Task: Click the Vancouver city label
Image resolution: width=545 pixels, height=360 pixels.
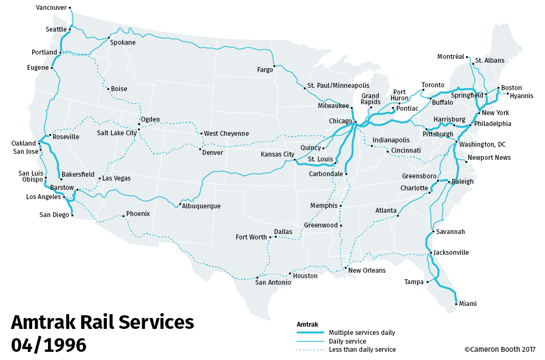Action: [x=51, y=8]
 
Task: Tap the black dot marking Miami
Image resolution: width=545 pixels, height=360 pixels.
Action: [x=456, y=303]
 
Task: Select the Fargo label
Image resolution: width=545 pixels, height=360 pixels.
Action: [x=265, y=69]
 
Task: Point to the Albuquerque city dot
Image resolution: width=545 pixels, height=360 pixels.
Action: [x=180, y=205]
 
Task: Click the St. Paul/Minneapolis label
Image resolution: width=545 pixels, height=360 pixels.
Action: [x=338, y=86]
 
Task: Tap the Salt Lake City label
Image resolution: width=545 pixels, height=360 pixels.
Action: [x=117, y=133]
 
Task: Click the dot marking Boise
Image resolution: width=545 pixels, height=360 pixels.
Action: [x=108, y=88]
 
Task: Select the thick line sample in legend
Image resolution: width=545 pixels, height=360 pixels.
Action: [x=310, y=333]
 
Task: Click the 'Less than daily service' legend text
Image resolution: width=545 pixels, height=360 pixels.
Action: [x=362, y=350]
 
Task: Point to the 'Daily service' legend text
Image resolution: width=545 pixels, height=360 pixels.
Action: [x=347, y=341]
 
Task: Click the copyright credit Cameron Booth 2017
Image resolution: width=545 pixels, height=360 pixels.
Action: [x=500, y=350]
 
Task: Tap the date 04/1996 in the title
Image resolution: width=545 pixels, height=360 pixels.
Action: [x=49, y=345]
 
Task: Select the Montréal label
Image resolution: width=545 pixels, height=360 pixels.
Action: [x=451, y=57]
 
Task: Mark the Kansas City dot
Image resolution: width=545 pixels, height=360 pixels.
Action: [x=295, y=160]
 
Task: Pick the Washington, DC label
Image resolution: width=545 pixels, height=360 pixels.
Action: [x=482, y=145]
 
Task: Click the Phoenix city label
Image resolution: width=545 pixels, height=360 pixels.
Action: [x=137, y=214]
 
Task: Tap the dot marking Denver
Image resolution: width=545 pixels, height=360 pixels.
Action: [x=201, y=149]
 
